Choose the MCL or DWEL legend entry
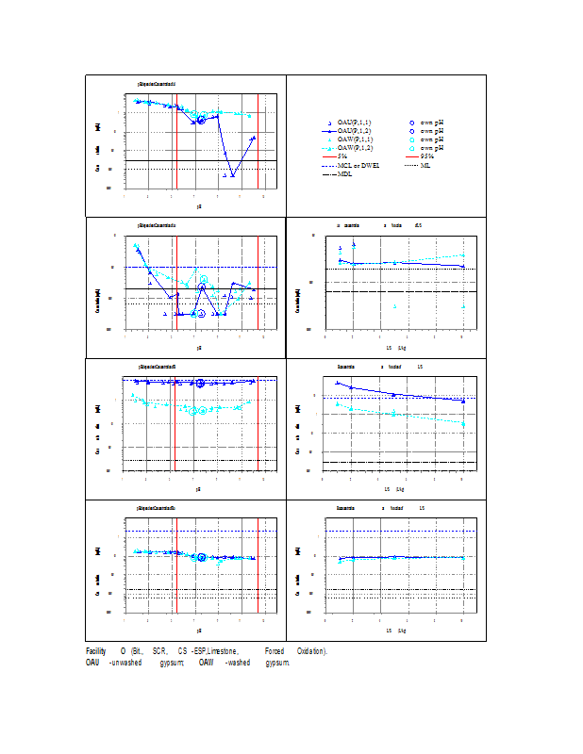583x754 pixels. [x=358, y=165]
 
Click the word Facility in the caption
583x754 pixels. [x=95, y=651]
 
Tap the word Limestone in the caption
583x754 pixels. [x=223, y=651]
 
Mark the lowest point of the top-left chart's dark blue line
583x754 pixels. [x=232, y=176]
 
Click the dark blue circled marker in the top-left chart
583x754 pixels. [x=201, y=120]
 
